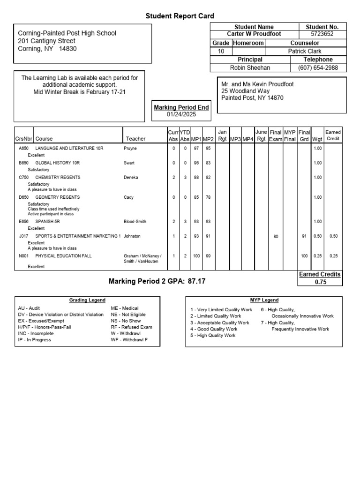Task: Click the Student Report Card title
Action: tap(180, 16)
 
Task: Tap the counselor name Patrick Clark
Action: tap(305, 51)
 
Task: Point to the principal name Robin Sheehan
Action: tap(250, 68)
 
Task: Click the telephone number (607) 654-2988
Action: tap(318, 68)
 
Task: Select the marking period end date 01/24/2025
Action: tap(181, 114)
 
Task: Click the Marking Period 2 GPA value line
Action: tap(157, 282)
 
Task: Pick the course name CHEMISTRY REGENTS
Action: tap(58, 178)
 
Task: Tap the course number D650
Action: tap(23, 197)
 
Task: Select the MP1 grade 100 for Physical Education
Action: tap(196, 256)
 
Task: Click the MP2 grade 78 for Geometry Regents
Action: tap(208, 197)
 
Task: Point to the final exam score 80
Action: tap(276, 237)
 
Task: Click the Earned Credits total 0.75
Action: tap(321, 282)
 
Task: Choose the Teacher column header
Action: tap(135, 139)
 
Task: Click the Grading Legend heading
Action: tap(87, 300)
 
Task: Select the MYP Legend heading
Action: tap(264, 300)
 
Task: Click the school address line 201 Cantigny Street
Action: tap(46, 41)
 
